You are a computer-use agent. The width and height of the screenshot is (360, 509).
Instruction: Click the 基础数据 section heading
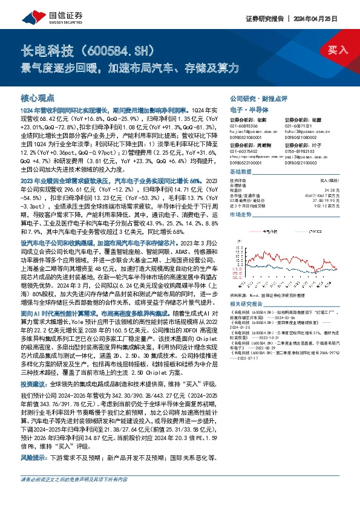click(242, 172)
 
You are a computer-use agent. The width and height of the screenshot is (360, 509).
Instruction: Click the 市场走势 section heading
click(242, 215)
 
